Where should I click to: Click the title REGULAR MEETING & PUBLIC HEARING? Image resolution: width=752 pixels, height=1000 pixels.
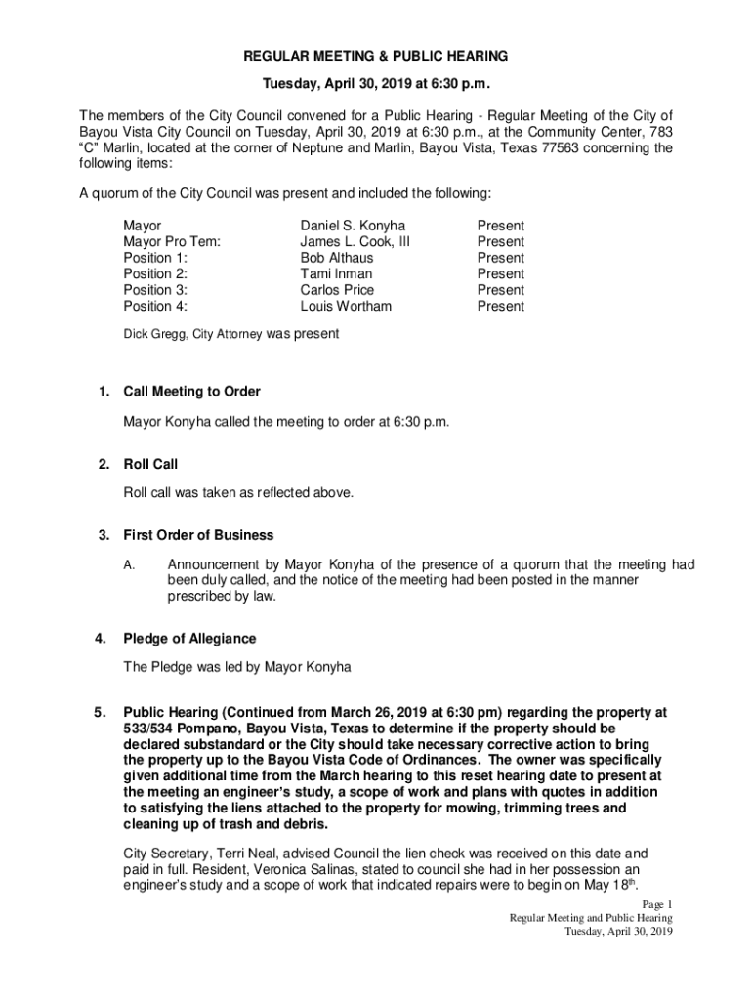(376, 57)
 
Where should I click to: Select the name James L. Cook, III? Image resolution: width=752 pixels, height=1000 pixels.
(355, 241)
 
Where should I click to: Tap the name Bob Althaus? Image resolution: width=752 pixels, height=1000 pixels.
(337, 258)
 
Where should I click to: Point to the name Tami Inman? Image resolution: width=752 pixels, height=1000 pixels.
(336, 274)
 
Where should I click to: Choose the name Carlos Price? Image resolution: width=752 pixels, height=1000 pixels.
(337, 290)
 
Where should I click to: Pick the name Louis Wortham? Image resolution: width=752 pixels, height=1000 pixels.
(346, 307)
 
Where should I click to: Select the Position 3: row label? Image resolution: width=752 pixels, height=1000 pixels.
(155, 290)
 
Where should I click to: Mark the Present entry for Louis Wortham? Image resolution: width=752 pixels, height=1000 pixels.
(500, 307)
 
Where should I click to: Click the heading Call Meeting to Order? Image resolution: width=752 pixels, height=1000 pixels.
(191, 392)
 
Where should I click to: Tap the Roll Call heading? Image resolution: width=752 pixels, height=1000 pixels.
(150, 464)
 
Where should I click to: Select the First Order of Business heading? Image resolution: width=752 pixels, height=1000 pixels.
(198, 535)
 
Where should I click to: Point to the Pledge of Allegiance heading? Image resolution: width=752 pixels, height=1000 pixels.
(189, 639)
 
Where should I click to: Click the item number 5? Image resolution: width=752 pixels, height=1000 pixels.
(100, 712)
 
